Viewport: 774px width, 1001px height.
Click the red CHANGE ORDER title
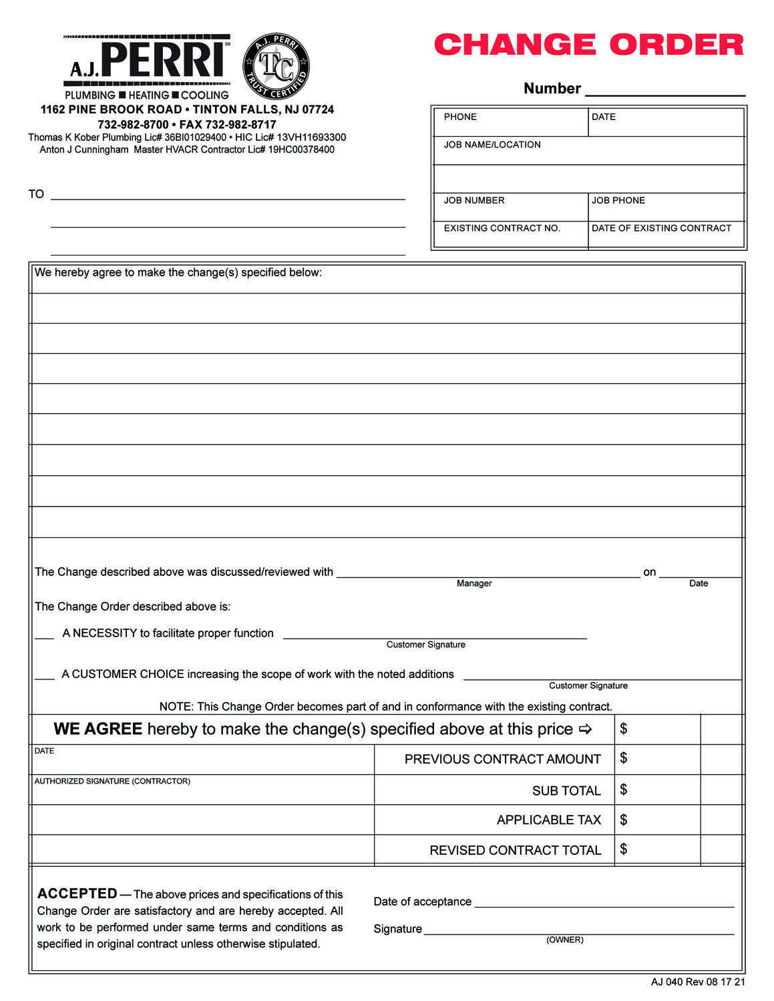click(588, 45)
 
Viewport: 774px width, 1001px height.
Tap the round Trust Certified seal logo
click(276, 67)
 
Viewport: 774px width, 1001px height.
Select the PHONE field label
click(460, 117)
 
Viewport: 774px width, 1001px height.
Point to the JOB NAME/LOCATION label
click(492, 145)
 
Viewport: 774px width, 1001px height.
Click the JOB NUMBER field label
click(474, 200)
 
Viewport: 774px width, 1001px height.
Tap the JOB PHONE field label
click(618, 200)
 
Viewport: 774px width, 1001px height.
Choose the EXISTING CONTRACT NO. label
click(502, 228)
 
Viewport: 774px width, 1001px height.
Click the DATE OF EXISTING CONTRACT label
click(661, 228)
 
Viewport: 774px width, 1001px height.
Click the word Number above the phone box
click(552, 89)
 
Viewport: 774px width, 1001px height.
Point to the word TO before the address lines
click(36, 194)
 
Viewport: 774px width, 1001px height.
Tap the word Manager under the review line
click(474, 583)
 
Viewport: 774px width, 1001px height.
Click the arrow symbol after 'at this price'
click(586, 729)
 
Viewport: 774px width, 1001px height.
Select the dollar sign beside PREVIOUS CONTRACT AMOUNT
click(624, 758)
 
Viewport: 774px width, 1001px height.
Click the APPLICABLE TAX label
click(549, 820)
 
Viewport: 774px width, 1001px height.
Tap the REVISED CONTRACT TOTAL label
click(516, 850)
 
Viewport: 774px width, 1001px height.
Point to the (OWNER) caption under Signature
click(565, 940)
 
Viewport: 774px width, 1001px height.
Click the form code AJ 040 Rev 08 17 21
click(698, 982)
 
